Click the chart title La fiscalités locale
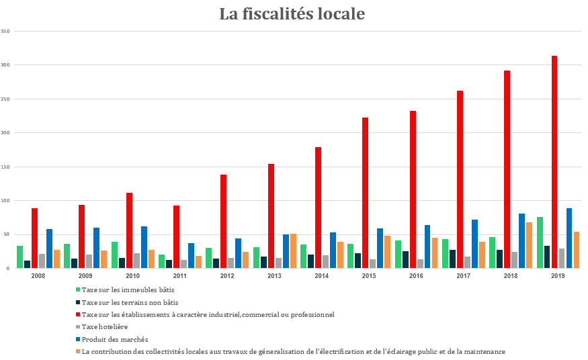pyautogui.click(x=292, y=14)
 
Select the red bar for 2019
pyautogui.click(x=554, y=162)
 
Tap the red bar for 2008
pyautogui.click(x=34, y=238)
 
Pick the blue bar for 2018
pyautogui.click(x=521, y=241)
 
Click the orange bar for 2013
pyautogui.click(x=293, y=251)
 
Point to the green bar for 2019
pyautogui.click(x=540, y=242)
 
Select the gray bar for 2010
pyautogui.click(x=136, y=261)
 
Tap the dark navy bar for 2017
pyautogui.click(x=453, y=259)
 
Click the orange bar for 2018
pyautogui.click(x=529, y=245)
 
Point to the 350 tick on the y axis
pyautogui.click(x=5, y=32)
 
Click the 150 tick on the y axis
pyautogui.click(x=5, y=167)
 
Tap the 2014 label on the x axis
pyautogui.click(x=322, y=276)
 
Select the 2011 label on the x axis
pyautogui.click(x=180, y=276)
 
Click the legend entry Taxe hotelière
pyautogui.click(x=105, y=327)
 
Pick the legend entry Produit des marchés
pyautogui.click(x=115, y=340)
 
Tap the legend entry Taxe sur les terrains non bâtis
pyautogui.click(x=130, y=303)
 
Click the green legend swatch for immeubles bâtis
pyautogui.click(x=78, y=289)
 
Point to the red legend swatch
pyautogui.click(x=78, y=314)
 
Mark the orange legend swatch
pyautogui.click(x=78, y=351)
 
